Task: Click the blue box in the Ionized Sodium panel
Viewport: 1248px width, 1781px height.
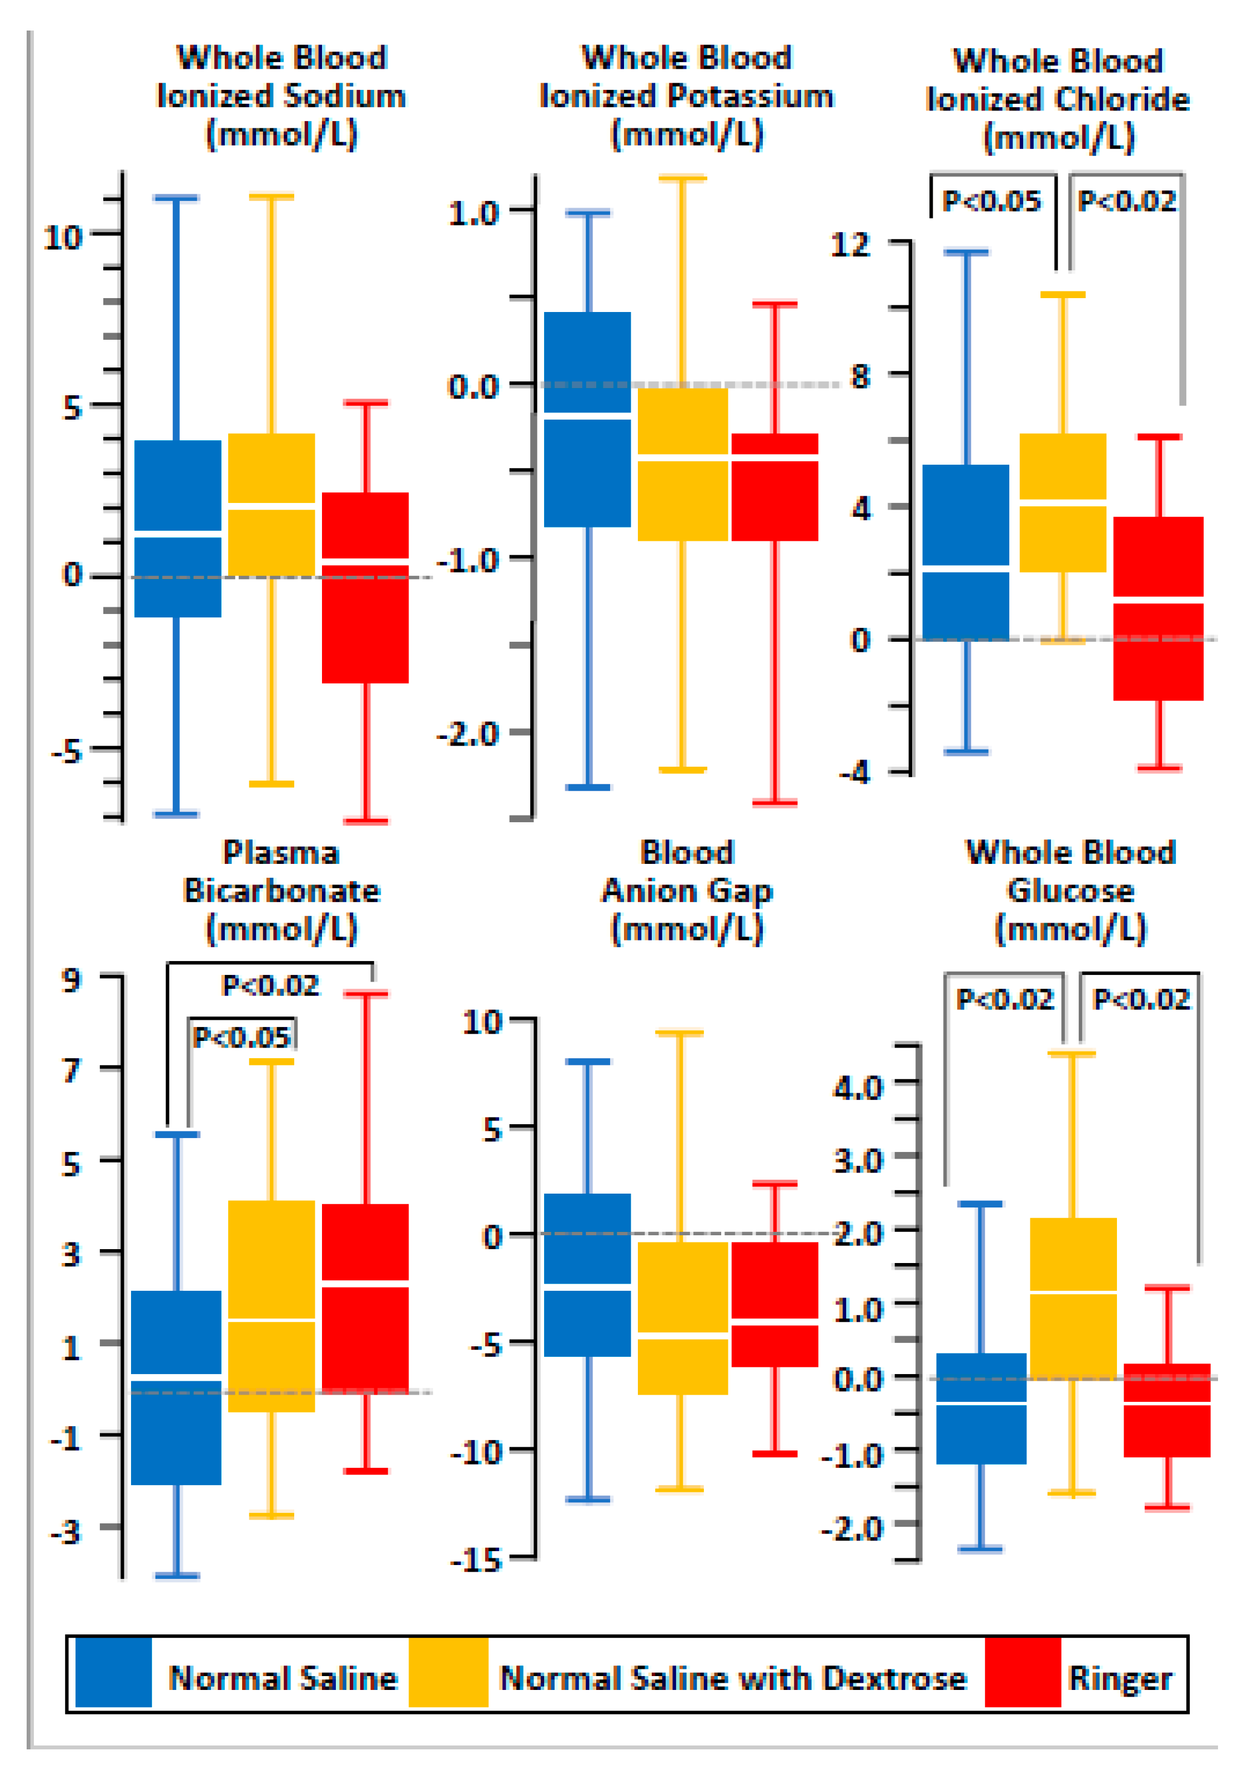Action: tap(178, 527)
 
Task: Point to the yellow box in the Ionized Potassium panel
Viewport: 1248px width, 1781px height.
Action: tap(682, 464)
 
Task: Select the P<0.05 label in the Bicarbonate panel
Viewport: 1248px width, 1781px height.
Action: tap(241, 1037)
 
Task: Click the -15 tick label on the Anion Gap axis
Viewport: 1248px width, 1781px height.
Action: tap(477, 1559)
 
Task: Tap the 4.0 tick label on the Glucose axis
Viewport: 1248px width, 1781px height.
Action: tap(858, 1086)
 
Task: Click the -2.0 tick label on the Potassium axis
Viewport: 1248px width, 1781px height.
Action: tap(467, 733)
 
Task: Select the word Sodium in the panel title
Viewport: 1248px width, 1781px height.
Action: tap(344, 96)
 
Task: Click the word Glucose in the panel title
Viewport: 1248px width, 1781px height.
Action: tap(1070, 890)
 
